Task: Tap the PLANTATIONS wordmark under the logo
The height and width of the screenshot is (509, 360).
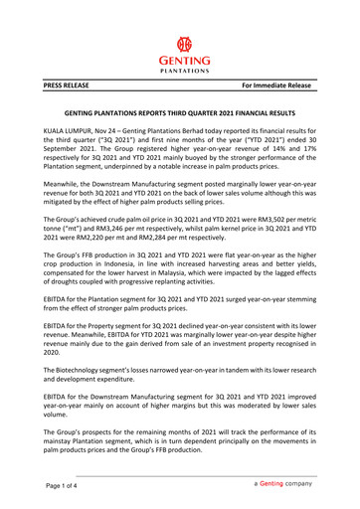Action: pos(180,72)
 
